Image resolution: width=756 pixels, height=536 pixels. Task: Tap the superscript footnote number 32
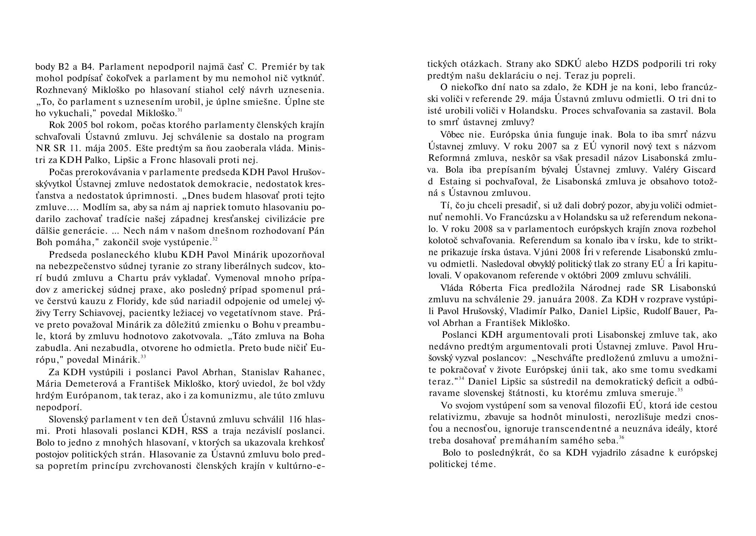[215, 239]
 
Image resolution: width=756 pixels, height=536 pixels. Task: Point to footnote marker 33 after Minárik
[143, 357]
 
